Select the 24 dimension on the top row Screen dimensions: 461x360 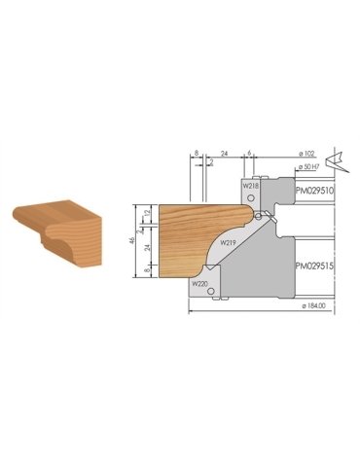click(x=224, y=153)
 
